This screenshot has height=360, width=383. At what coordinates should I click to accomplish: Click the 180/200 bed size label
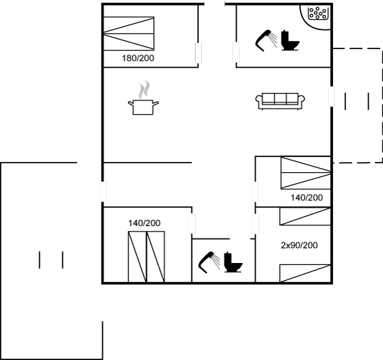click(x=138, y=58)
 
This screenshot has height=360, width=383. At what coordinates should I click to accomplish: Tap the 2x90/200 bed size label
click(x=300, y=245)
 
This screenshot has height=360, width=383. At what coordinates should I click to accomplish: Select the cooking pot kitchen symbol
click(x=144, y=107)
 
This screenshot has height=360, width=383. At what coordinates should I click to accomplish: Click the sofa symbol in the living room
click(x=280, y=102)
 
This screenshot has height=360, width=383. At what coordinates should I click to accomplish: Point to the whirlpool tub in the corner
click(x=317, y=13)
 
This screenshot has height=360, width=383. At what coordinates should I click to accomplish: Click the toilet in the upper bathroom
click(x=290, y=40)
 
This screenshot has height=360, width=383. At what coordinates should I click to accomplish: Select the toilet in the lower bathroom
click(x=233, y=262)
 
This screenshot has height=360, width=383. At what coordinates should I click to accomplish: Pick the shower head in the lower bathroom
click(x=208, y=262)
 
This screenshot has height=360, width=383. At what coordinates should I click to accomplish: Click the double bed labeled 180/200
click(x=129, y=33)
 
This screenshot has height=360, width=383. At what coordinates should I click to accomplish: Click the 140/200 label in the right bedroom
click(x=307, y=197)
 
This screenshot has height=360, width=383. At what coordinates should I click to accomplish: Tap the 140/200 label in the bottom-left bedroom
click(x=144, y=223)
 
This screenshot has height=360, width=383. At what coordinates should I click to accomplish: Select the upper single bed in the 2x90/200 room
click(x=305, y=217)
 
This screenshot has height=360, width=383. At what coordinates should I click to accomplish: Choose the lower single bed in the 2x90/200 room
click(x=305, y=273)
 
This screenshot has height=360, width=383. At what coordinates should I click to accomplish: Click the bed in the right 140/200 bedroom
click(x=306, y=173)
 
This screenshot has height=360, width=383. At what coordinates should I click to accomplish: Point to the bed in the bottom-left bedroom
click(x=146, y=257)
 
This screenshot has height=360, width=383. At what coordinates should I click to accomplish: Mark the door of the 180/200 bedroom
click(x=198, y=53)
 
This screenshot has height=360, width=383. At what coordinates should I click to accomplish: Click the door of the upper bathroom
click(x=236, y=52)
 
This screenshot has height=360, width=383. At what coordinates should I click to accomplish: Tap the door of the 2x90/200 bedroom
click(x=256, y=224)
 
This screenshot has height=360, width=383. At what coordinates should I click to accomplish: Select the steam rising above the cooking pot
click(x=144, y=89)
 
